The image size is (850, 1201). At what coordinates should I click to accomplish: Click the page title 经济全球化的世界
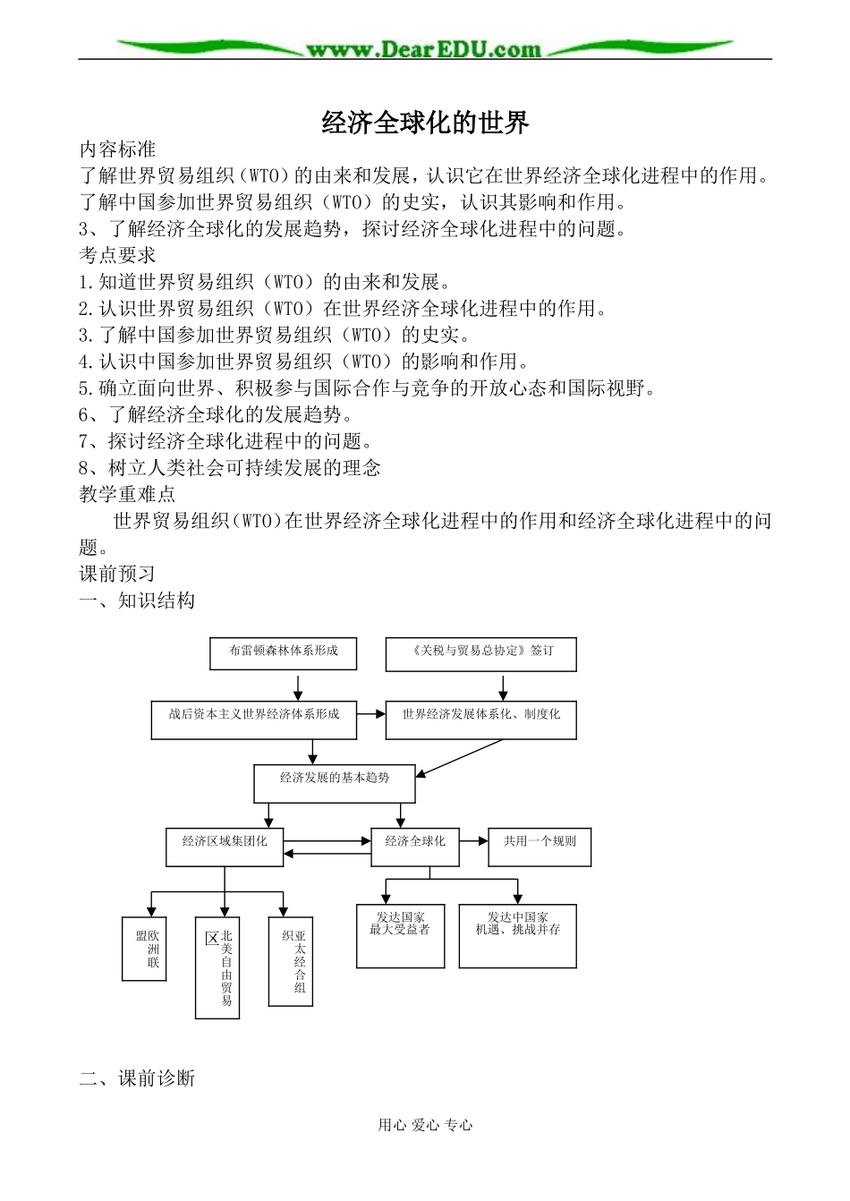pos(425,123)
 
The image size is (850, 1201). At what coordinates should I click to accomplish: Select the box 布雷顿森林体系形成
pos(283,652)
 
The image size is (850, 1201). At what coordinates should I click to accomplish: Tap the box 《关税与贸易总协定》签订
pos(480,653)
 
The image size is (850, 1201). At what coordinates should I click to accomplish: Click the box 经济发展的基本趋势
pos(336,782)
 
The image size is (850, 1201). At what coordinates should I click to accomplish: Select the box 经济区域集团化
pos(225,846)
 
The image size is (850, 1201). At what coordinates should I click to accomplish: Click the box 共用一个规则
pos(540,846)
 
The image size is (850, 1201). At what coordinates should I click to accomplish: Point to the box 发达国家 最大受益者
pos(400,934)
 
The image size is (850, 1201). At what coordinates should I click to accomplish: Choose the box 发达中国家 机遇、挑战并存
pos(517,934)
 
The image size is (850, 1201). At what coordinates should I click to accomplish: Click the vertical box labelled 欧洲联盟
pos(144,947)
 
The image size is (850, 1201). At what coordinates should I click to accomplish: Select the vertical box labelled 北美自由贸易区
pos(218,967)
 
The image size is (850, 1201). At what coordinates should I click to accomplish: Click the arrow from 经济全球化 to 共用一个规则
pos(472,841)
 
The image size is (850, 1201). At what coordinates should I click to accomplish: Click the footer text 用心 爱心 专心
pos(425,1126)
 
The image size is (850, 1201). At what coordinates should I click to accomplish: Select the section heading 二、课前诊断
pos(137,1077)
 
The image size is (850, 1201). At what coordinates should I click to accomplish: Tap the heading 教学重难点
pos(127,493)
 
